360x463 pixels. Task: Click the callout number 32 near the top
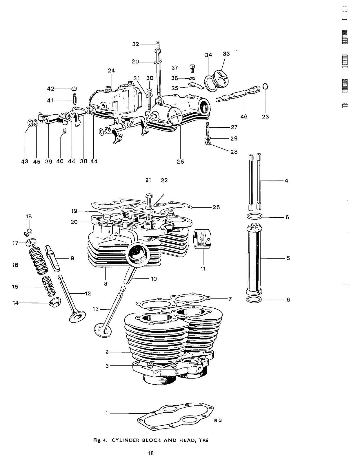[x=136, y=44]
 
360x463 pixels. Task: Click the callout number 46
[x=244, y=116]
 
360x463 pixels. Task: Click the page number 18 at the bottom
[x=150, y=453]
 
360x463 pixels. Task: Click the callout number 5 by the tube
[x=288, y=258]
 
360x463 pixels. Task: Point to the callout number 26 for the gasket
[x=216, y=207]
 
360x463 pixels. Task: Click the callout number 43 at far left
[x=25, y=161]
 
